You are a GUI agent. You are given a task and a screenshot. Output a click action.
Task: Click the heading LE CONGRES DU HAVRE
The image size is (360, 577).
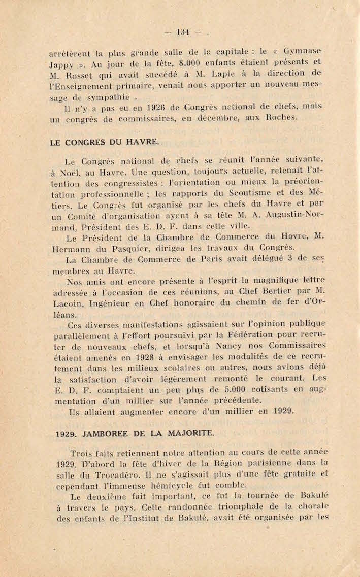tap(105, 143)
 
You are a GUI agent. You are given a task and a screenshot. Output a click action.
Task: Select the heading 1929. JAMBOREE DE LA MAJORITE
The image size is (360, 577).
tap(136, 434)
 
